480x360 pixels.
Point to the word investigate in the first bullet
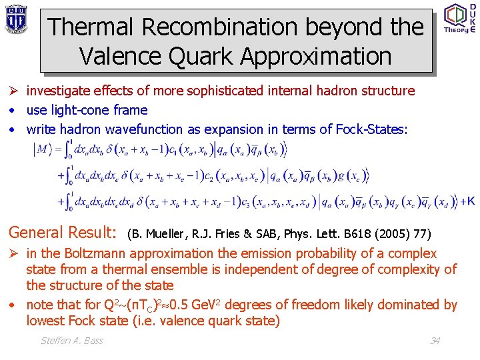click(x=59, y=91)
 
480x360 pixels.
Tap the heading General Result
click(x=62, y=233)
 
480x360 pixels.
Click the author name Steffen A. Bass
click(x=72, y=341)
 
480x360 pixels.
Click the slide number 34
click(x=435, y=341)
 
